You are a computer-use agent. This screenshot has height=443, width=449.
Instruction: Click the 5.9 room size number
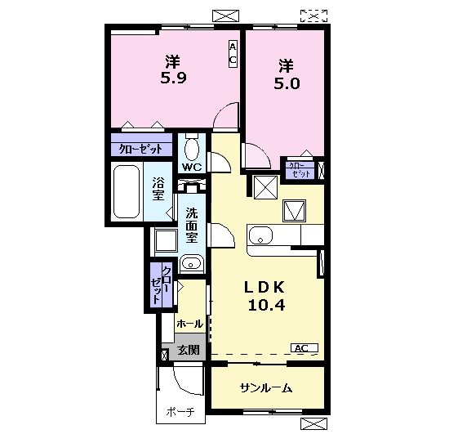[173, 78]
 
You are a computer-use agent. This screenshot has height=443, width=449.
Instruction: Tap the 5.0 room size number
[287, 83]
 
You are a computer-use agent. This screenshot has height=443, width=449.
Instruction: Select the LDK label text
[265, 288]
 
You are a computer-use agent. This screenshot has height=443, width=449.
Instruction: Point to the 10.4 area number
[266, 305]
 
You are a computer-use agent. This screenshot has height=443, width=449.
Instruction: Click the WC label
[192, 167]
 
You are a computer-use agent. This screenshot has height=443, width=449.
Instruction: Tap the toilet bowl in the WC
[192, 148]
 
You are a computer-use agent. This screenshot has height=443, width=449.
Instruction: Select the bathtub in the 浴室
[127, 191]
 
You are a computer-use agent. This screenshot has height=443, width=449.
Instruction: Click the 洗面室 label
[192, 225]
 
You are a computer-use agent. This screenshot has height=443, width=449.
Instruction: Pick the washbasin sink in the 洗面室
[191, 263]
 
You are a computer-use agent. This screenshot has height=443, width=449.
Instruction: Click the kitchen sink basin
[260, 235]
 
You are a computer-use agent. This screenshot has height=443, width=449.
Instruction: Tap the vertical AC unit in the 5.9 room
[233, 54]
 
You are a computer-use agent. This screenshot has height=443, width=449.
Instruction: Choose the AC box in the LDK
[305, 348]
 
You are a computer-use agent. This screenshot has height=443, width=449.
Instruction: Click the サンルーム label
[266, 388]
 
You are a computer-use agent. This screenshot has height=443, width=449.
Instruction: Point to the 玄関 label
[188, 350]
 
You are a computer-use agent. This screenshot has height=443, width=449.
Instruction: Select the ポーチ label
[180, 412]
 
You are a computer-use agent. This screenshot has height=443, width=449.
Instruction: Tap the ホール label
[189, 324]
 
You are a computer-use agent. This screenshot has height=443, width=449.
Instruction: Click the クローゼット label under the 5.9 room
[140, 149]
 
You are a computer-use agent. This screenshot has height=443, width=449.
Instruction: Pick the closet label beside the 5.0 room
[300, 170]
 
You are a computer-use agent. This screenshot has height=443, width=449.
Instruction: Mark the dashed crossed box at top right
[313, 16]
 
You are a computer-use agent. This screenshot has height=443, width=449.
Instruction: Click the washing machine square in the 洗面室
[166, 240]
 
